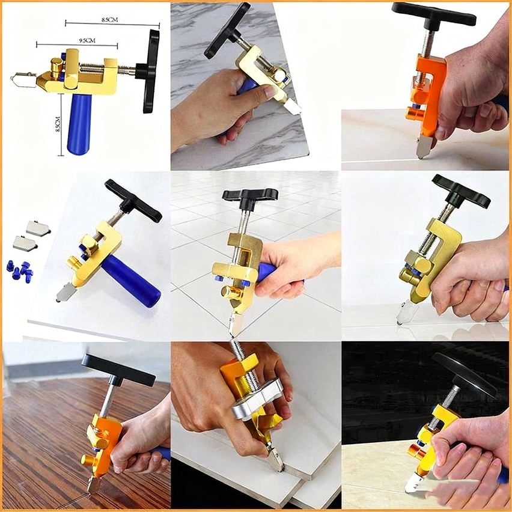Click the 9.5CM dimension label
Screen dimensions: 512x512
[x=87, y=40]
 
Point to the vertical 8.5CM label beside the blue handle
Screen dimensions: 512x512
[x=58, y=124]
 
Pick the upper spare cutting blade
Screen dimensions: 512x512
[x=38, y=228]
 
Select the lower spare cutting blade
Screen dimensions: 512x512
[x=25, y=243]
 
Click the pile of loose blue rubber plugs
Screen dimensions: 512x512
[x=20, y=269]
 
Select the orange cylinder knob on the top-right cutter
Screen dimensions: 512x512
[x=415, y=115]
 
